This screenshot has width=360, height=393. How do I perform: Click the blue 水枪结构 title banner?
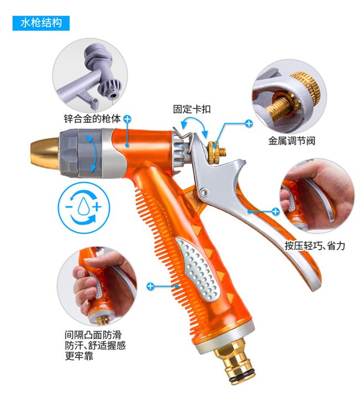(x=41, y=23)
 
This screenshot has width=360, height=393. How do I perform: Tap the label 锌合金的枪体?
(x=92, y=118)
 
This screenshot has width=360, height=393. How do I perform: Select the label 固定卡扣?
(x=192, y=109)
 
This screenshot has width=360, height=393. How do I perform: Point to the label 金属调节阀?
(x=291, y=141)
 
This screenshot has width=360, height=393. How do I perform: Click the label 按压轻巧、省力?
(x=315, y=246)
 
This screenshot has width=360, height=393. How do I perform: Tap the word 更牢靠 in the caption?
(x=79, y=356)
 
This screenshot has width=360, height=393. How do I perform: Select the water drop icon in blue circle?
(x=84, y=208)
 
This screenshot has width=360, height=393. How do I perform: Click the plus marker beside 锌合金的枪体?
(x=127, y=119)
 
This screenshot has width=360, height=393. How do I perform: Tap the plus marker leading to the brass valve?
(x=249, y=123)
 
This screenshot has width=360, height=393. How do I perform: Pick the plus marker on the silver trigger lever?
(x=275, y=211)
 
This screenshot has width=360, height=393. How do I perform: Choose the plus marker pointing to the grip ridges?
(x=150, y=286)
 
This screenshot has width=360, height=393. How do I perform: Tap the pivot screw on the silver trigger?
(x=203, y=192)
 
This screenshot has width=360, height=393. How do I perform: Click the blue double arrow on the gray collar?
(x=91, y=153)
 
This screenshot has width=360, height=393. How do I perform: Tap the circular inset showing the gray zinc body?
(x=90, y=76)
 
